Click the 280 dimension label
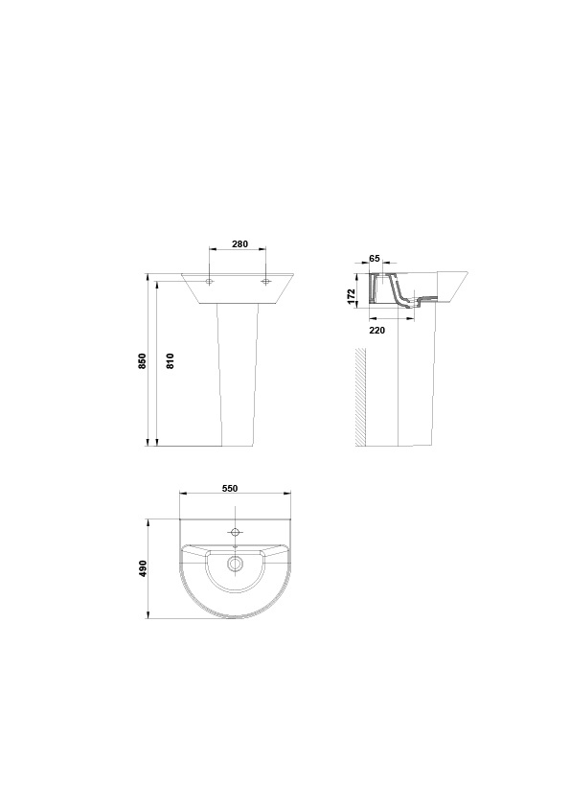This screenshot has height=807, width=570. tap(239, 244)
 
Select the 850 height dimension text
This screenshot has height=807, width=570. tap(143, 360)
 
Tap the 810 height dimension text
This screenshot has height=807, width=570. tap(171, 360)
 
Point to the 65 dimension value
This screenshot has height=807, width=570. tap(375, 259)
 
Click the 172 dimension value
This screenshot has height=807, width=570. tap(352, 296)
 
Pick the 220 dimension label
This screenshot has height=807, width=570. tap(377, 331)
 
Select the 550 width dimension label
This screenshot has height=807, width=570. tap(230, 489)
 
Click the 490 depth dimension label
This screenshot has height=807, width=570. tap(143, 568)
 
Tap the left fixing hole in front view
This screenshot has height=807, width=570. tap(209, 282)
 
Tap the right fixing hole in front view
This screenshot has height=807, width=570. tap(265, 282)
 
